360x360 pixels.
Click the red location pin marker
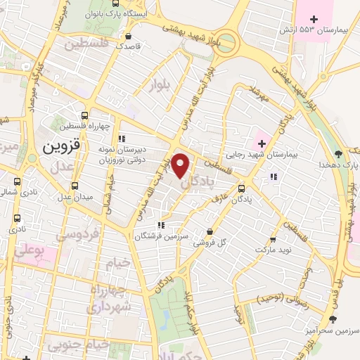pos(181,165)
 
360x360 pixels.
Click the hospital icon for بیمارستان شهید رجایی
pos(261,143)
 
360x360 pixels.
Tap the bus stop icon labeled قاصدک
pos(127,36)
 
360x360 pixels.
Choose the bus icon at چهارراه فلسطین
pos(85,116)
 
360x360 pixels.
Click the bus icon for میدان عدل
pos(75,186)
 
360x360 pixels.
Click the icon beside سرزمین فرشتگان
pos(161,226)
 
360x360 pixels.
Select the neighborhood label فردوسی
pos(77,234)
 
